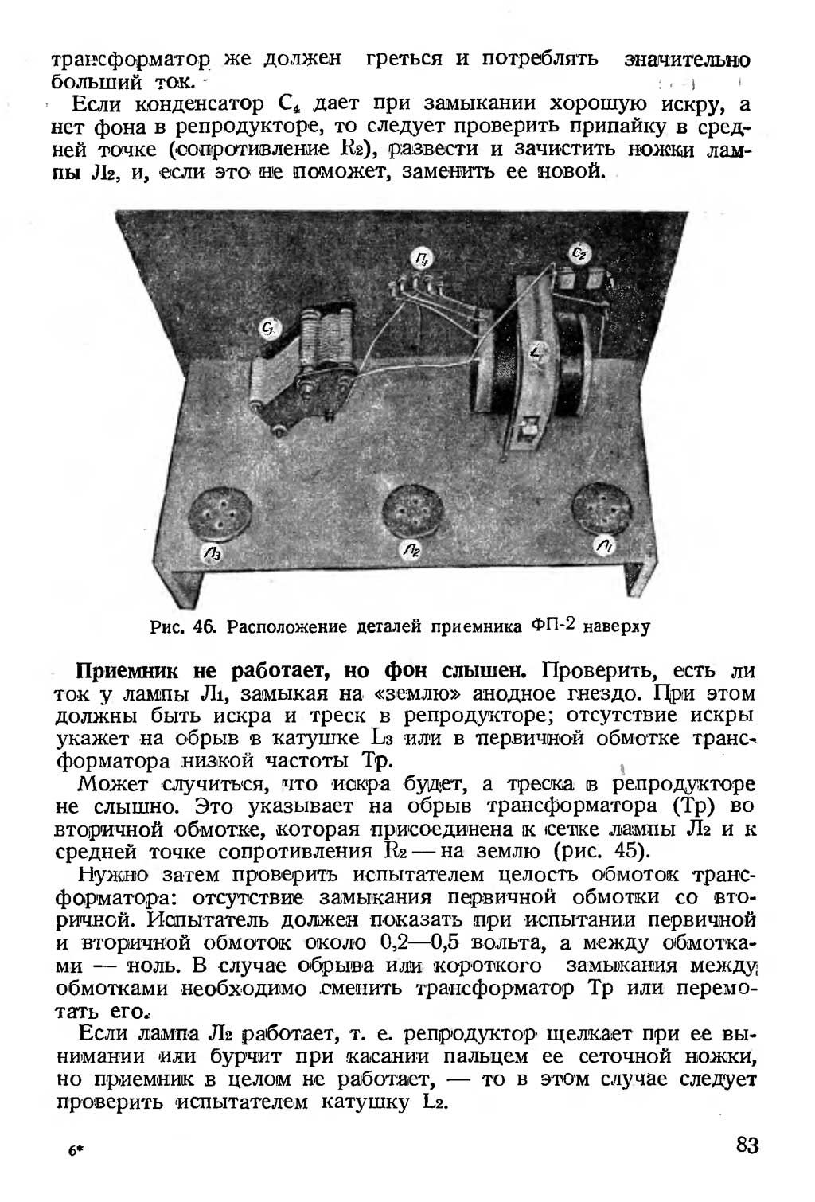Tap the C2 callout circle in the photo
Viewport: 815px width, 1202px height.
pyautogui.click(x=579, y=253)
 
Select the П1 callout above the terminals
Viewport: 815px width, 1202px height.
pyautogui.click(x=423, y=256)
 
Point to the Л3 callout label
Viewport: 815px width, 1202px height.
pyautogui.click(x=213, y=553)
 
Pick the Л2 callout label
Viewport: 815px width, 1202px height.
pyautogui.click(x=411, y=549)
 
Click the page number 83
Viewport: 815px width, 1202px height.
pyautogui.click(x=747, y=1145)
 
